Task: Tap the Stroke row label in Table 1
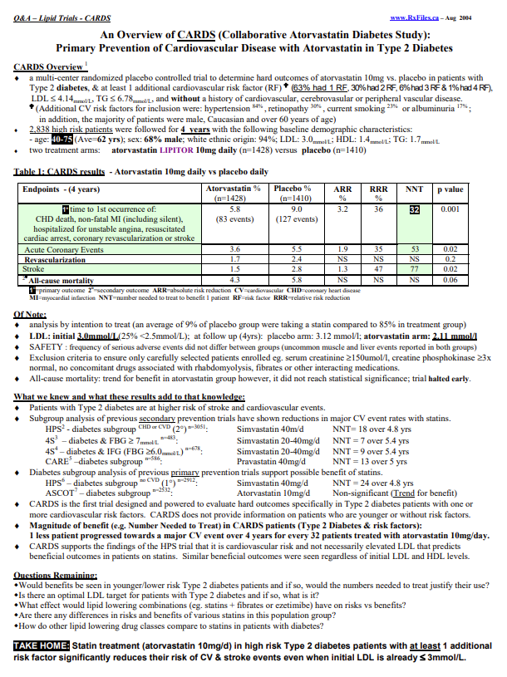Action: click(x=35, y=269)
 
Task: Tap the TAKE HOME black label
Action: click(x=42, y=645)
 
